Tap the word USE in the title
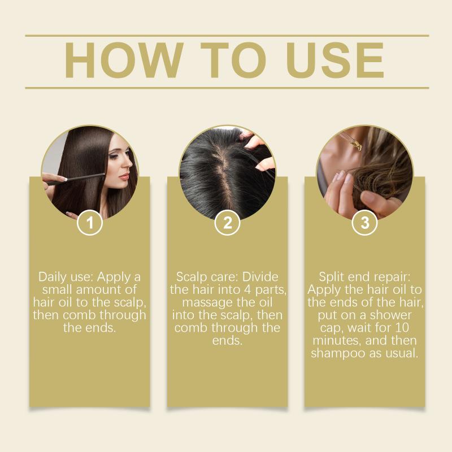(334, 60)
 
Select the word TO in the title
(233, 60)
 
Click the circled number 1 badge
(90, 223)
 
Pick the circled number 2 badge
(228, 223)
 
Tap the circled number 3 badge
(365, 223)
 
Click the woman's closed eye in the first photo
(114, 157)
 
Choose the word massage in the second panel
(207, 303)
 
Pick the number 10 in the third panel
(402, 328)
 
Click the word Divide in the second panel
(260, 277)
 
